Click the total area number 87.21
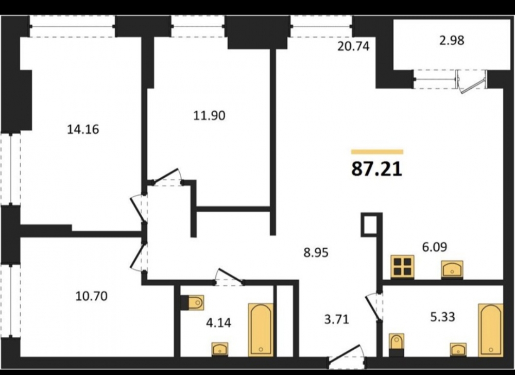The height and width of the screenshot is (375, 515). (x=377, y=169)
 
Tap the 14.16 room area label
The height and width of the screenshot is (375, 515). (x=83, y=129)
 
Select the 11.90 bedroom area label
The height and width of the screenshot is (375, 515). (x=209, y=115)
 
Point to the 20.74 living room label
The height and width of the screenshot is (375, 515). (x=353, y=46)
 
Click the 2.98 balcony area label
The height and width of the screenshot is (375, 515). (x=452, y=40)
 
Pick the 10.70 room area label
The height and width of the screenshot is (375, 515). (x=91, y=296)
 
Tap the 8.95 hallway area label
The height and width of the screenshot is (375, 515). (x=316, y=253)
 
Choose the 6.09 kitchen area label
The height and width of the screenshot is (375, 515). (x=435, y=247)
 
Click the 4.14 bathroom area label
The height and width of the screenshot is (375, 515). (x=218, y=323)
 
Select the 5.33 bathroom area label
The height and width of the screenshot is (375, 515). (x=443, y=317)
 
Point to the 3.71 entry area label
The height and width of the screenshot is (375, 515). (x=336, y=319)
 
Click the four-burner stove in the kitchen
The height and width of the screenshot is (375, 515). (x=402, y=266)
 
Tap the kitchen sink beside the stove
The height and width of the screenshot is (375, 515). (x=452, y=269)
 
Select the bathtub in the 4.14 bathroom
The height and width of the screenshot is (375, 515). (x=261, y=330)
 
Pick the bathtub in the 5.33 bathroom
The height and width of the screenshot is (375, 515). (x=491, y=330)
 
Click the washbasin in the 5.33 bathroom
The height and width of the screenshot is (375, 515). (x=458, y=349)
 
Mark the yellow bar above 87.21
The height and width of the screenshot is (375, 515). (x=377, y=152)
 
